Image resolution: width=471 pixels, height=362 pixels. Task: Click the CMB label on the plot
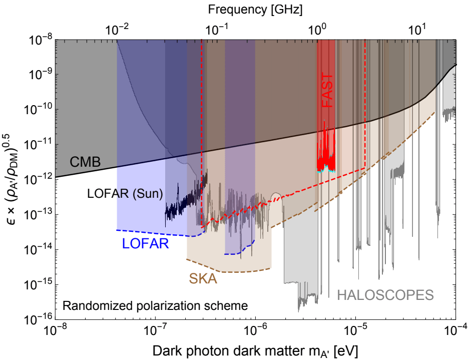pyautogui.click(x=85, y=162)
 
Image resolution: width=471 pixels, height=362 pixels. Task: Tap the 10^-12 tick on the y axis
pyautogui.click(x=38, y=179)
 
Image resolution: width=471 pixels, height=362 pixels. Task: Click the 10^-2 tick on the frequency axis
pyautogui.click(x=117, y=29)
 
